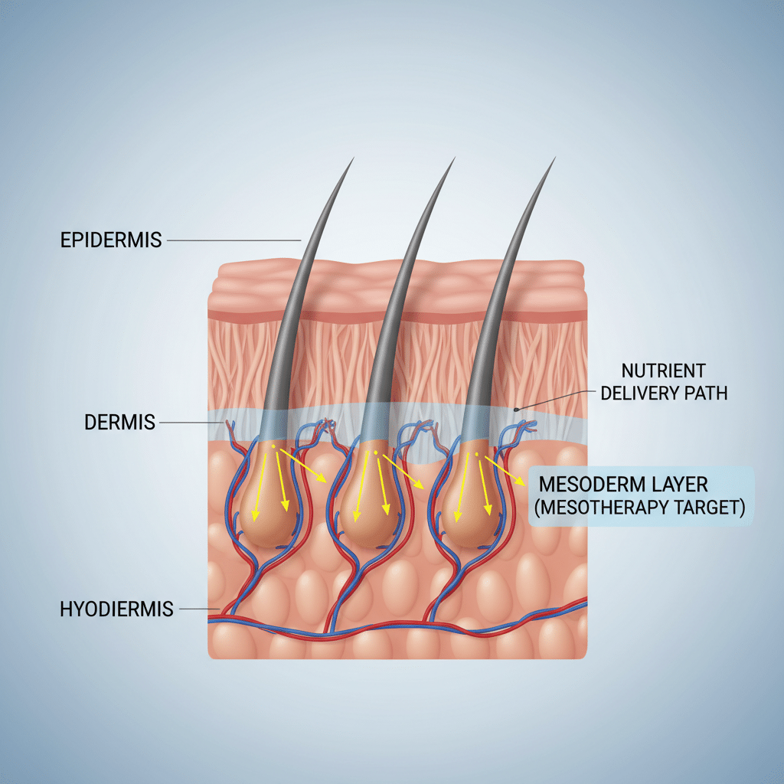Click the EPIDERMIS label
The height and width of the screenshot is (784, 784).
[111, 240]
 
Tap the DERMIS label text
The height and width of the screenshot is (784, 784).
[119, 423]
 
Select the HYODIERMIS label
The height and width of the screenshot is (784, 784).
[116, 609]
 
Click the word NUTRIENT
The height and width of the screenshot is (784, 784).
[663, 371]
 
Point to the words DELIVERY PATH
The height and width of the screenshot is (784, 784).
[664, 393]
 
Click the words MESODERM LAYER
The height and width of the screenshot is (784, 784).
[623, 485]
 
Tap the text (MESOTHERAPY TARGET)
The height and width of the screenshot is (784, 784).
[639, 507]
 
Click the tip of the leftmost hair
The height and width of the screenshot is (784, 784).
[354, 158]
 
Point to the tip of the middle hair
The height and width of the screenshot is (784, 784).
[455, 158]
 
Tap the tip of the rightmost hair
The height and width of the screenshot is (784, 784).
[555, 158]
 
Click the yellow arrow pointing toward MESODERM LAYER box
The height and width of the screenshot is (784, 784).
[505, 471]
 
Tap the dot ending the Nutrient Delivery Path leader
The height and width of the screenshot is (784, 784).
[517, 410]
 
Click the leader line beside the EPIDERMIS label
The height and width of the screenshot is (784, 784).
[234, 240]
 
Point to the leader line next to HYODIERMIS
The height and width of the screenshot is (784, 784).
[200, 609]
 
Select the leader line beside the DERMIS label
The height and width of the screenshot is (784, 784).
[191, 423]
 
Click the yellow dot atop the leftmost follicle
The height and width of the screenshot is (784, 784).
[273, 446]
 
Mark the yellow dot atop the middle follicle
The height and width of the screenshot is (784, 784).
[375, 452]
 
